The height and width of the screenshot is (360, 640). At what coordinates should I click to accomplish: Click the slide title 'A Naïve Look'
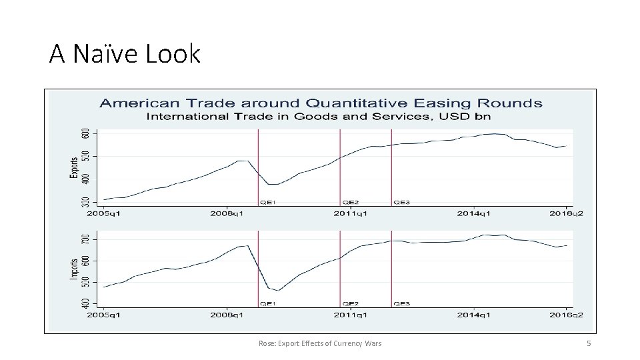[125, 53]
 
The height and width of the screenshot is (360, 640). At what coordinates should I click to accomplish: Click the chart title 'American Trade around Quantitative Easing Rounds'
[320, 103]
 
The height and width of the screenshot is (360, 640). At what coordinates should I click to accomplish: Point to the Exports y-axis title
[73, 167]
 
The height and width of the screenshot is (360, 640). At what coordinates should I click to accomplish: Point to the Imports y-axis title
[73, 269]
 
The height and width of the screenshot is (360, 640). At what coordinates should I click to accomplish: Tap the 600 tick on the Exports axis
[85, 133]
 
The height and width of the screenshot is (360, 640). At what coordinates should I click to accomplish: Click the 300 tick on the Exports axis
[85, 201]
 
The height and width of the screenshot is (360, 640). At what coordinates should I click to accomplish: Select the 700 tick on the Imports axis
[85, 239]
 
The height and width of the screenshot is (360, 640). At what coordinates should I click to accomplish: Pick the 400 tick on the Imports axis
[85, 303]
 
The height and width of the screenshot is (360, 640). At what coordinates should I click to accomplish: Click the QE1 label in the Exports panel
[268, 201]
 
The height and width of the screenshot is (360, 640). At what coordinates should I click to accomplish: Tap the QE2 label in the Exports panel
[351, 201]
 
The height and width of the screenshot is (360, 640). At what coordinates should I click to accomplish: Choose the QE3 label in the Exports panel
[401, 201]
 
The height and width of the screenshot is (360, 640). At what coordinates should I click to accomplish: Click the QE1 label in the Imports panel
[268, 304]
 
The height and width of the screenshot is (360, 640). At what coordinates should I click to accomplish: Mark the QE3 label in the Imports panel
[401, 304]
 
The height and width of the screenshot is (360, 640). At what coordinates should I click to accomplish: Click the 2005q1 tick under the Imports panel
[104, 315]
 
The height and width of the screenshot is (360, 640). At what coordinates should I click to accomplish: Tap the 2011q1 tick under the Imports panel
[351, 315]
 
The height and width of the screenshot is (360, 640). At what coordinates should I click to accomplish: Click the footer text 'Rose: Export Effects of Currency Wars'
[320, 343]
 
